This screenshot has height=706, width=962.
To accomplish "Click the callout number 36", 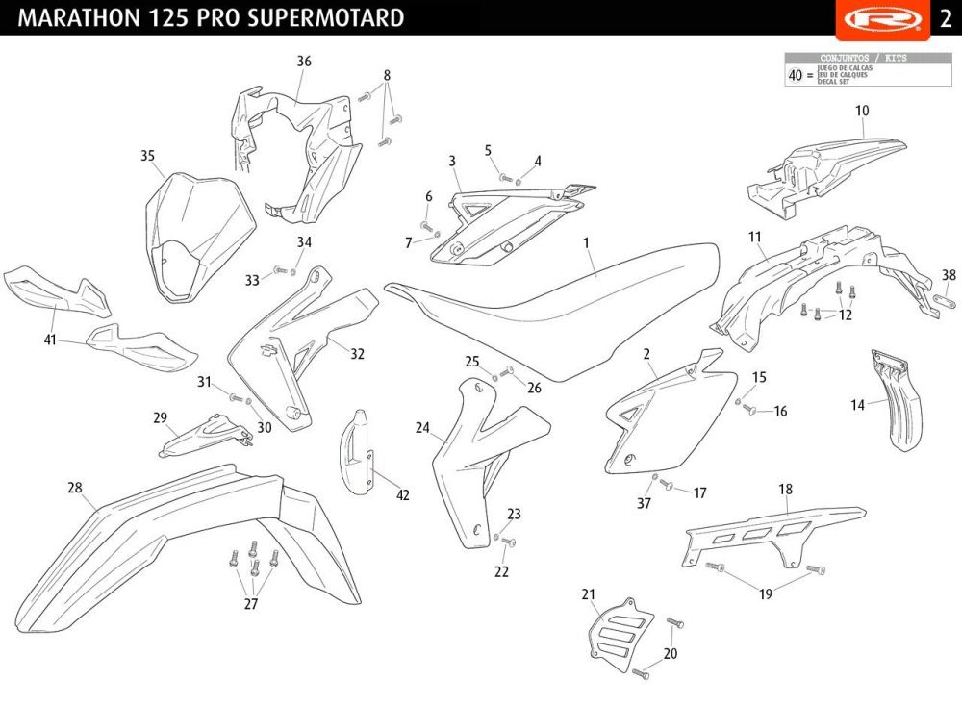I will tap(304, 62).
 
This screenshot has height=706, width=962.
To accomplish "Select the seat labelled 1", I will tap(558, 298).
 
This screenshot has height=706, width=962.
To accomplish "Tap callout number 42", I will tap(403, 495).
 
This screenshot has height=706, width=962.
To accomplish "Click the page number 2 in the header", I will tap(946, 18).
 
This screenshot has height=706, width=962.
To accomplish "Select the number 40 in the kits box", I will tap(795, 75).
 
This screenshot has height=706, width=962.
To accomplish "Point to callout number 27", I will tap(251, 604).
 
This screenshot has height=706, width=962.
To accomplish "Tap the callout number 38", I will tap(949, 275).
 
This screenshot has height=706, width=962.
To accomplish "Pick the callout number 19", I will tap(766, 594).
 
